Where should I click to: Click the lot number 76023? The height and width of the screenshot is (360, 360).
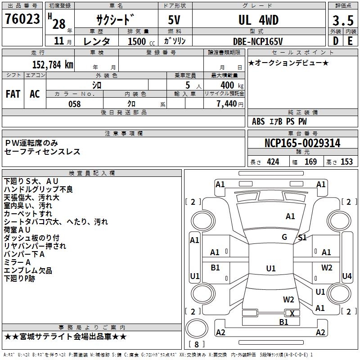[22, 20]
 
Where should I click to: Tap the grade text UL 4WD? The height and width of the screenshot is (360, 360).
[258, 20]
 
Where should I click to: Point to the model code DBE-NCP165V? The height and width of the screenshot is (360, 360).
[258, 41]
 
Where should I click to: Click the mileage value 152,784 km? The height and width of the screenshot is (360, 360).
[53, 64]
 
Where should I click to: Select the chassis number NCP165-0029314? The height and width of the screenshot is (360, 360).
[302, 144]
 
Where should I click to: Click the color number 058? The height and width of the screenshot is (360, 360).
[74, 104]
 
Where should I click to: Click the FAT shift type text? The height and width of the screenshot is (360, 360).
[13, 94]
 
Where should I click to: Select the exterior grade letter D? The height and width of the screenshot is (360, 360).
[335, 41]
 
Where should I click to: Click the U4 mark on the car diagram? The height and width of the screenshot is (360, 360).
[347, 276]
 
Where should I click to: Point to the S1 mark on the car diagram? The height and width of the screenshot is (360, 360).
[302, 238]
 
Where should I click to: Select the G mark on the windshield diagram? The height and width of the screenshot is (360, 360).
[284, 237]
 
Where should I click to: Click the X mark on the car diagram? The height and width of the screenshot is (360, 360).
[292, 314]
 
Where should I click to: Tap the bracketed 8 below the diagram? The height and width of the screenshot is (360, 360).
[196, 344]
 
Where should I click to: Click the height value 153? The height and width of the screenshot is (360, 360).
[346, 162]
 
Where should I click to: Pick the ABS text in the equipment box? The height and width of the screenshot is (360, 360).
[258, 121]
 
